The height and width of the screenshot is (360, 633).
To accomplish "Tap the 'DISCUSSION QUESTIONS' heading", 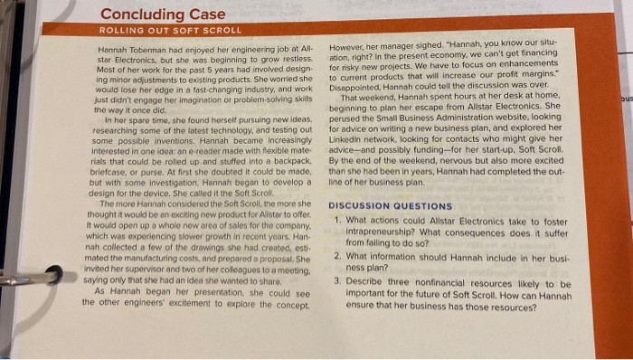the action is coord(391,206).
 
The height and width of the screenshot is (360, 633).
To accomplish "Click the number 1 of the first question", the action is coord(336,220).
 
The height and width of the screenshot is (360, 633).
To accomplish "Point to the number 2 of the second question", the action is coord(336,255).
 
